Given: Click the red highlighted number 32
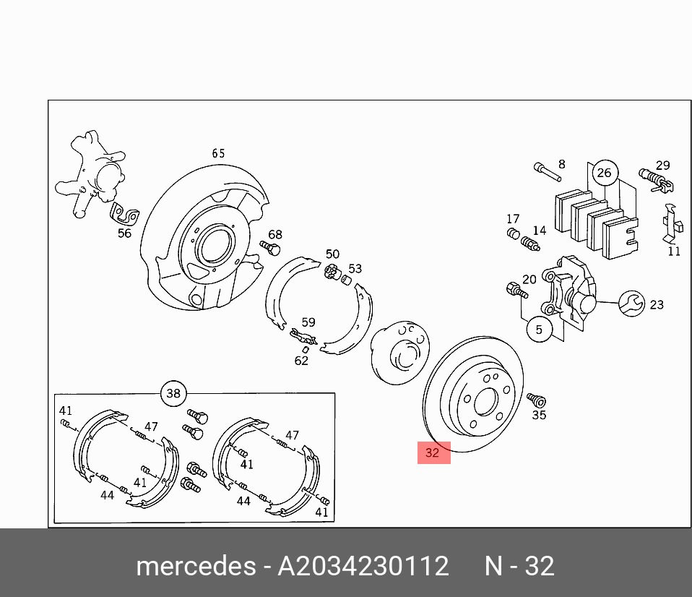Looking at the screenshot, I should (x=433, y=453).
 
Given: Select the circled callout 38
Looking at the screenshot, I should (x=173, y=394).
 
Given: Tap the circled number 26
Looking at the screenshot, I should (x=604, y=173).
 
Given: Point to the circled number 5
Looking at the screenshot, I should (x=538, y=330).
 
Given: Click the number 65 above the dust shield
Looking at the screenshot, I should (x=218, y=153).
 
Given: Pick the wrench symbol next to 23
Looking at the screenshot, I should (x=630, y=304).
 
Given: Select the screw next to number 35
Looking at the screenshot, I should (x=536, y=400).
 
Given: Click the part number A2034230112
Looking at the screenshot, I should (x=363, y=566).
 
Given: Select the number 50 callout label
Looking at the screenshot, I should (x=332, y=254).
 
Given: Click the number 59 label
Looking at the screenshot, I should (x=308, y=322).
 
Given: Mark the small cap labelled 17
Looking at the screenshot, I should (x=512, y=233).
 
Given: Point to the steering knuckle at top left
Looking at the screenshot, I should (x=92, y=173).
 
